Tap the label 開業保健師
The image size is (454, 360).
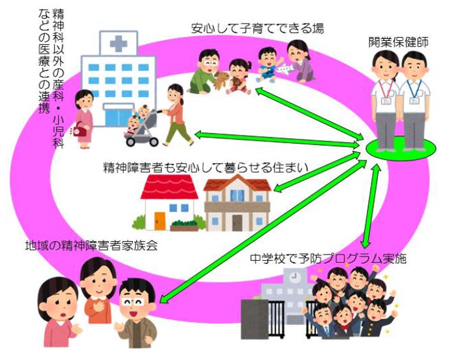coord(398,42)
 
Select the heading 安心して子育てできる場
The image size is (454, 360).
coord(258,29)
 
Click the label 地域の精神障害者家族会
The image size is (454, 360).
coord(91,246)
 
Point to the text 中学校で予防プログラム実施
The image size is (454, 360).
coord(328,258)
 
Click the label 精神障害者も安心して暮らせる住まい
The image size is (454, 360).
coord(205,168)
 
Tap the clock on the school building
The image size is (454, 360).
coord(294,277)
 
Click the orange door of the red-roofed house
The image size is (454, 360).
coord(159,221)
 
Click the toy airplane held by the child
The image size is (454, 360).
coord(285,68)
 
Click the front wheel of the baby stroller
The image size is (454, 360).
coord(132,141)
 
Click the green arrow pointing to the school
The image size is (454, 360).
coord(371,206)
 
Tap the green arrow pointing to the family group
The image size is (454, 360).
coord(261,231)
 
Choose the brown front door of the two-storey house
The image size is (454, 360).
coord(237,223)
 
